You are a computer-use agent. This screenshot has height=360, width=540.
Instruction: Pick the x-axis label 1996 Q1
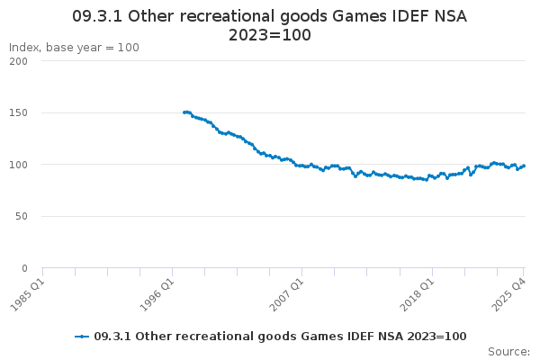click(157, 292)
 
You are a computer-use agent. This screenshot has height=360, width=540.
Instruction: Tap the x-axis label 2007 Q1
click(287, 292)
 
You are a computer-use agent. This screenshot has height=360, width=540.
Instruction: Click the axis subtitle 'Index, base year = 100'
click(74, 47)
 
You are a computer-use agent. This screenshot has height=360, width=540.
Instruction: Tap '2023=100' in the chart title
click(270, 36)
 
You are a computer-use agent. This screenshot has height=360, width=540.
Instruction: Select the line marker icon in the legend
click(82, 336)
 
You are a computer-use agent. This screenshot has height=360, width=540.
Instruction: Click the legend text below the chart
click(280, 336)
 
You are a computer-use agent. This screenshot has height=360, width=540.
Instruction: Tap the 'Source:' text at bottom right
click(508, 351)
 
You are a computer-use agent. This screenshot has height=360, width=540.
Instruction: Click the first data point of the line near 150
click(184, 112)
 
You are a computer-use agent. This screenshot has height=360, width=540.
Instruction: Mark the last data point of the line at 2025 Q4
click(524, 166)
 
